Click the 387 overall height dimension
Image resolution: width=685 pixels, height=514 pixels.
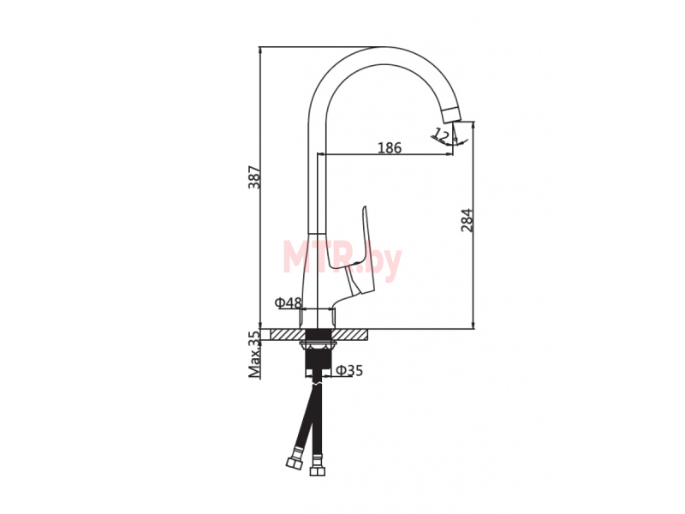[254, 177]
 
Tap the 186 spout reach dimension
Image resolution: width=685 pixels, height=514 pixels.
[390, 148]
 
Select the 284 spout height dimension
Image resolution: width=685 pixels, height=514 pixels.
[467, 220]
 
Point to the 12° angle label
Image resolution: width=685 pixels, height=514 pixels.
[442, 135]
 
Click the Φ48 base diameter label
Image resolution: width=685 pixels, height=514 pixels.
[288, 302]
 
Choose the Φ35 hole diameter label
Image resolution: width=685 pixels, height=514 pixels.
[349, 371]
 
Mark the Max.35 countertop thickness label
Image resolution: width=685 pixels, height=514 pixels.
[253, 354]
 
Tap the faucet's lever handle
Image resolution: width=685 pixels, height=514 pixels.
[358, 254]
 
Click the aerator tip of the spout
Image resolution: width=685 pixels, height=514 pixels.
[453, 114]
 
